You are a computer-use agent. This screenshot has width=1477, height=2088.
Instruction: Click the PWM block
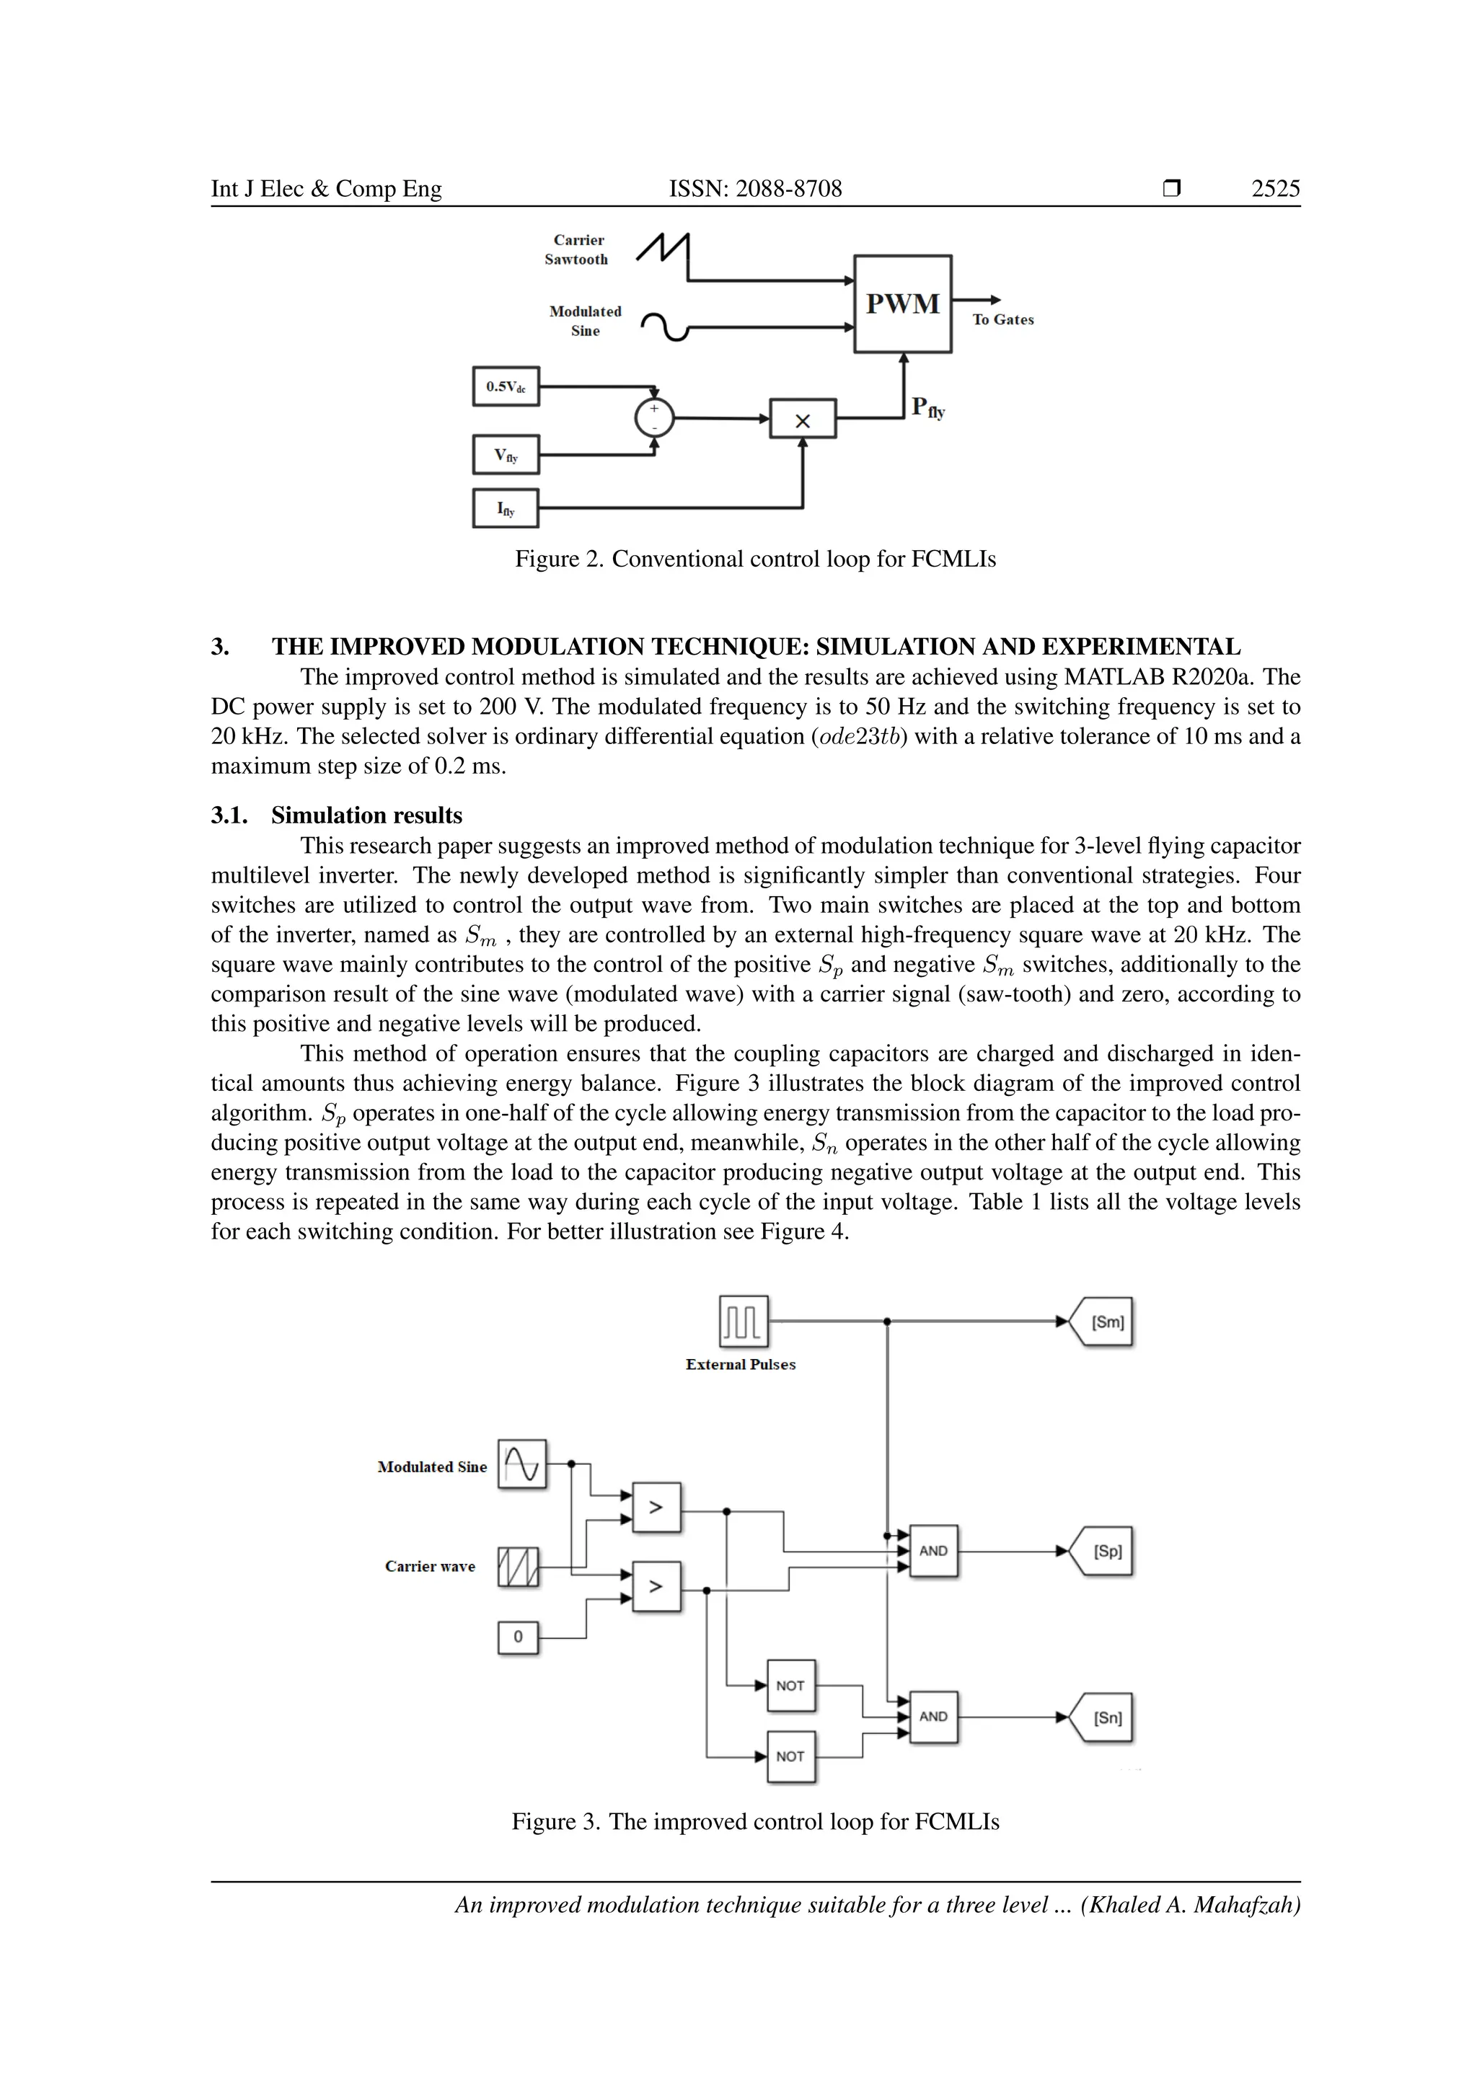pos(902,304)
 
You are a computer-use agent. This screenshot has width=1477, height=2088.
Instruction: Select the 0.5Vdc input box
pos(506,386)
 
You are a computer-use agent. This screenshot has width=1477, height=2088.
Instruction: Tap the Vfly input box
pos(506,455)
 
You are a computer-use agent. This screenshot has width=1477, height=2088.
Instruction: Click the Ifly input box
pos(506,508)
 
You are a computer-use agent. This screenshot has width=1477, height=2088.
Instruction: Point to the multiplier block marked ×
pos(802,419)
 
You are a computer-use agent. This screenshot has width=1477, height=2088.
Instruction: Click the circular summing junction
pos(654,418)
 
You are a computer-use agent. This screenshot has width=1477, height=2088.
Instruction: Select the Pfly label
pos(927,407)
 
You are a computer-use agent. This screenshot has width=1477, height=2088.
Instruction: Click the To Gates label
pos(1002,319)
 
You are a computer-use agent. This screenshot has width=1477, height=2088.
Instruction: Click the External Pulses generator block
pos(743,1322)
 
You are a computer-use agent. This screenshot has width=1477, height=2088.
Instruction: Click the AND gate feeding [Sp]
pos(933,1551)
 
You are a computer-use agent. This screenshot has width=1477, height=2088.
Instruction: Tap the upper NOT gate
pos(790,1685)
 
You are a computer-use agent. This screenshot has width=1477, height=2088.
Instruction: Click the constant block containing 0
pos(519,1637)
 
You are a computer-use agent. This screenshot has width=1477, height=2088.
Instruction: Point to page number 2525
pos(1275,188)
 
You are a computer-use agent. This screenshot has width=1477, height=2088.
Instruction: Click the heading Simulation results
pos(366,815)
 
